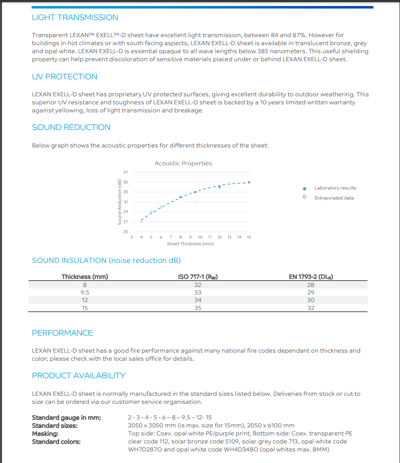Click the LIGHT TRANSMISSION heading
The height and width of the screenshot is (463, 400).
[x=75, y=18]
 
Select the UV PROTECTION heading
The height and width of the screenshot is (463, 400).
[x=65, y=77]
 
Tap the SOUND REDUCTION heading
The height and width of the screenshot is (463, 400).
[x=71, y=127]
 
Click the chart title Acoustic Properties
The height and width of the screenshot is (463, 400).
[x=183, y=164]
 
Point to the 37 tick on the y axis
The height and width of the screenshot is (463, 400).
[x=125, y=172]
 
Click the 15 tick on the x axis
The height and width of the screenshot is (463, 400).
[x=249, y=237]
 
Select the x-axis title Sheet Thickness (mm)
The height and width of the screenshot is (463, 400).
[x=190, y=244]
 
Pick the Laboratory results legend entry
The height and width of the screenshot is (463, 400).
[x=335, y=188]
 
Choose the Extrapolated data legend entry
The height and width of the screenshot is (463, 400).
[x=334, y=198]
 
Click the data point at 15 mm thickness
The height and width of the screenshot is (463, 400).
[x=249, y=182]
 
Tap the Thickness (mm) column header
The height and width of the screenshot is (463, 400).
[x=85, y=277]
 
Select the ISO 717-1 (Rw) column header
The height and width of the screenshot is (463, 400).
[x=197, y=277]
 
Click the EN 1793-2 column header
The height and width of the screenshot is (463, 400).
[x=311, y=277]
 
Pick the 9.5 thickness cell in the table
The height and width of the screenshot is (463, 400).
[x=85, y=292]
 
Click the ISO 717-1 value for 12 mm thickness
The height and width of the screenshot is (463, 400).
[x=197, y=300]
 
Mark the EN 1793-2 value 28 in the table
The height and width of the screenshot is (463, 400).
[x=311, y=285]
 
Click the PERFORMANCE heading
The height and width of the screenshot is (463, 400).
[x=62, y=333]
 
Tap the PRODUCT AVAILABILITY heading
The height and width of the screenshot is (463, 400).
[x=78, y=376]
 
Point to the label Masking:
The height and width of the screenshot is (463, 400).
[x=45, y=433]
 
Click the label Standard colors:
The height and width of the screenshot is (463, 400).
[x=56, y=442]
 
